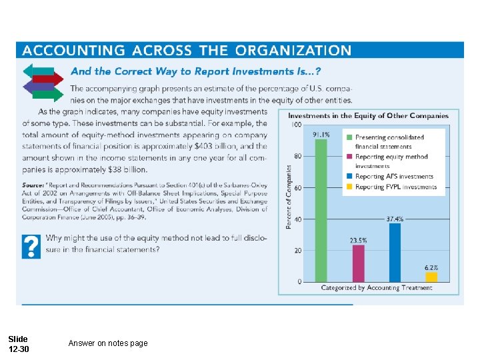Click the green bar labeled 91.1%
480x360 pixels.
pyautogui.click(x=321, y=210)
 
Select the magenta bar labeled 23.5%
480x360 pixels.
pyautogui.click(x=359, y=263)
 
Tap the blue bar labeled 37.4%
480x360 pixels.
pyautogui.click(x=395, y=253)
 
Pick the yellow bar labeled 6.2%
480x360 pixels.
pyautogui.click(x=431, y=277)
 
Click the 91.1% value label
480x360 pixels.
pyautogui.click(x=321, y=133)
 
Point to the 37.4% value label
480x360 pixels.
pyautogui.click(x=395, y=218)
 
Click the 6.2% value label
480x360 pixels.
pyautogui.click(x=431, y=267)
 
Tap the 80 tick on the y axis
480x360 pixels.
pyautogui.click(x=297, y=156)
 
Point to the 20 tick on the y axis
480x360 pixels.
pyautogui.click(x=297, y=250)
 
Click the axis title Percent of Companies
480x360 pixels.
pyautogui.click(x=289, y=197)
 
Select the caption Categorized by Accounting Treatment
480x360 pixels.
pyautogui.click(x=377, y=288)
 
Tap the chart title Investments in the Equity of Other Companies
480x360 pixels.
pyautogui.click(x=368, y=115)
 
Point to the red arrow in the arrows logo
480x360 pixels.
pyautogui.click(x=48, y=79)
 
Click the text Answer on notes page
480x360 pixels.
pyautogui.click(x=108, y=343)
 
